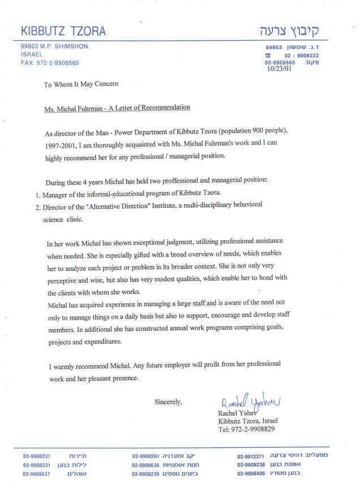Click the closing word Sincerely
click(x=168, y=402)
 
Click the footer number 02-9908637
click(x=37, y=474)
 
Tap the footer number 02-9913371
click(x=251, y=456)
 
